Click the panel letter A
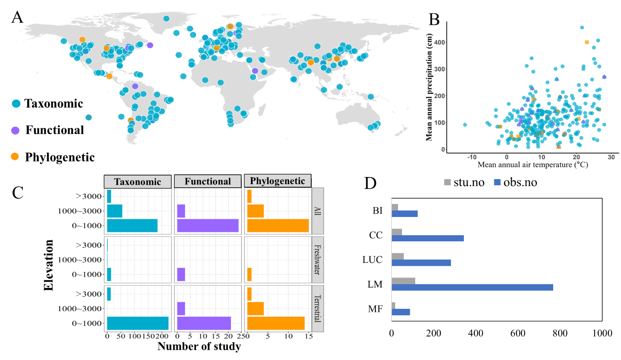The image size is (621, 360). (17, 17)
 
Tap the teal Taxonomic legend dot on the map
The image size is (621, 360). (16, 104)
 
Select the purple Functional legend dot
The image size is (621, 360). (15, 130)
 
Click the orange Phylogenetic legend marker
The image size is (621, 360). (15, 156)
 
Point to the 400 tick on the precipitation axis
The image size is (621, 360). (439, 42)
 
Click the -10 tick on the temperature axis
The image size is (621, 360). (472, 157)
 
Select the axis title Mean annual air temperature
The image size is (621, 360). (532, 165)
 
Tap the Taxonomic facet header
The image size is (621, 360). (138, 182)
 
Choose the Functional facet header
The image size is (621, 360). (208, 181)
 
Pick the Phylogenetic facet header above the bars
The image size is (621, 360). (277, 181)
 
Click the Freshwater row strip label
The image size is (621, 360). (318, 260)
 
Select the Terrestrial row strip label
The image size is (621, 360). (318, 308)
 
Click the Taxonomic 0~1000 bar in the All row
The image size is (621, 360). (132, 226)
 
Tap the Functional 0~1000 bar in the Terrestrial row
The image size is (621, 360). (204, 323)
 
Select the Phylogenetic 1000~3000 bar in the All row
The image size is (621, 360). (255, 211)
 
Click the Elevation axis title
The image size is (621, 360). (48, 265)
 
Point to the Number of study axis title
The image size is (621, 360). (199, 346)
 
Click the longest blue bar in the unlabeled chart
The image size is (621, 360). (472, 287)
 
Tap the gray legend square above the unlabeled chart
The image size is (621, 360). (447, 182)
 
